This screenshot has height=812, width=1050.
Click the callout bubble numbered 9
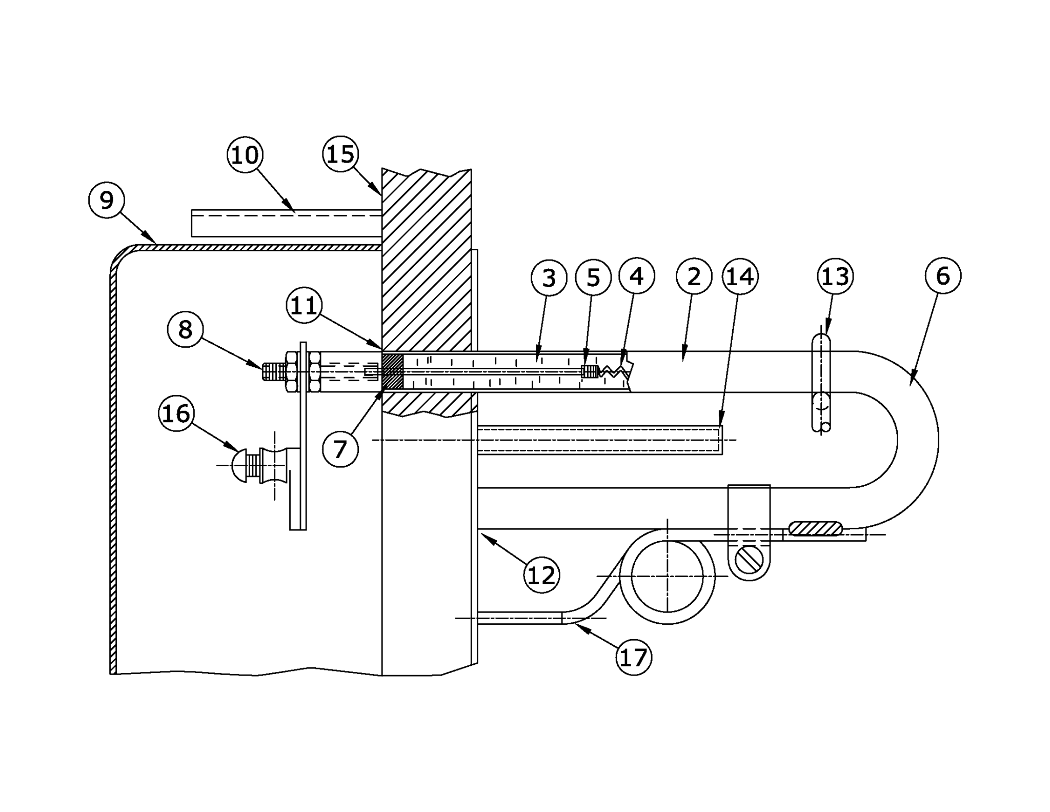click(107, 201)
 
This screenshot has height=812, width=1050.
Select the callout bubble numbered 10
click(245, 155)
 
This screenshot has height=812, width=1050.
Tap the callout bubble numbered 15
click(340, 154)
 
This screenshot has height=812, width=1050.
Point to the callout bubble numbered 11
click(304, 306)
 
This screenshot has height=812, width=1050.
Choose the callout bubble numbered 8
click(185, 329)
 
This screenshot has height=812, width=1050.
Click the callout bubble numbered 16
click(176, 413)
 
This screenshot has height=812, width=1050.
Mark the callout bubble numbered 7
click(340, 449)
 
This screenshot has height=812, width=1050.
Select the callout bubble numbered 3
click(549, 278)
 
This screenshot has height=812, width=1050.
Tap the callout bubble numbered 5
click(593, 278)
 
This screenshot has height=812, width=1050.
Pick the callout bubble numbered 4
click(636, 276)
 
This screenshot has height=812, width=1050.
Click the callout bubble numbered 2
click(694, 277)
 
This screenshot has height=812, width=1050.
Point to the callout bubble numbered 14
click(740, 276)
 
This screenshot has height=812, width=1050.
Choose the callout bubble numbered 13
click(835, 276)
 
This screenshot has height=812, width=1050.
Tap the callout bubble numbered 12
click(541, 576)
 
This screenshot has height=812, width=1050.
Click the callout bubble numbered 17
click(634, 658)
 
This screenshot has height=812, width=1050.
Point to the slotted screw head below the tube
click(749, 561)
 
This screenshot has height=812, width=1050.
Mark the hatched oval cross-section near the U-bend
click(815, 528)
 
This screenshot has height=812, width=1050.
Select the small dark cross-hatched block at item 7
click(393, 371)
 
